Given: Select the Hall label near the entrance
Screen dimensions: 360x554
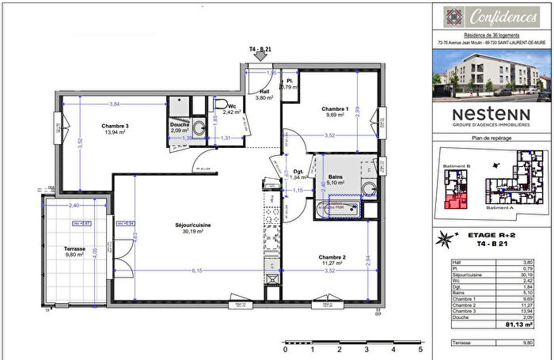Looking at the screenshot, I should [x=264, y=91].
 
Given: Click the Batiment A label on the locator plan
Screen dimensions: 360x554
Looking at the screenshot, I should [x=499, y=208].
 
